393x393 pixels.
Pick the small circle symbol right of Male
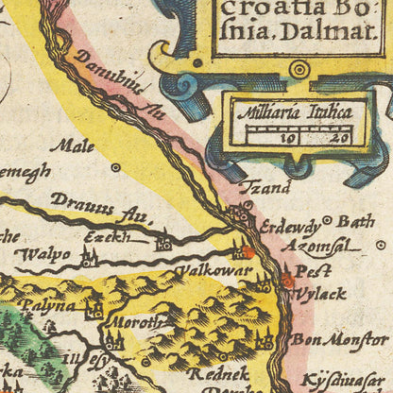[x=115, y=167]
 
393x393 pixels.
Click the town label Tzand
[x=264, y=188]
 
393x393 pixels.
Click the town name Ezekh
[x=107, y=237]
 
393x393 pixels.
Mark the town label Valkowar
[x=218, y=271]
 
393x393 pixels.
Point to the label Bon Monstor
[x=339, y=338]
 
